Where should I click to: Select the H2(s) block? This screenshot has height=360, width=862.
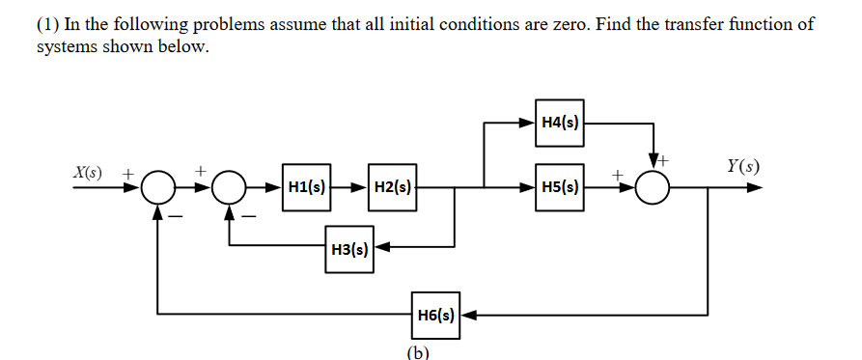pyautogui.click(x=392, y=186)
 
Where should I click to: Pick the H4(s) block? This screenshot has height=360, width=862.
pyautogui.click(x=560, y=123)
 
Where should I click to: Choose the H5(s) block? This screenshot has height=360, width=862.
pyautogui.click(x=560, y=186)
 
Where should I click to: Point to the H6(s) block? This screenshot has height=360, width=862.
pyautogui.click(x=436, y=314)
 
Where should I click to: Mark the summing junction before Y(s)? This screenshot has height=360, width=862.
pyautogui.click(x=653, y=186)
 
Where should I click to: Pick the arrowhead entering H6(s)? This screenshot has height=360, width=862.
pyautogui.click(x=468, y=314)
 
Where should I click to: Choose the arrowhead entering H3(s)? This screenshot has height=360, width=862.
pyautogui.click(x=380, y=249)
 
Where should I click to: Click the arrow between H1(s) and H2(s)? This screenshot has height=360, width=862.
pyautogui.click(x=349, y=186)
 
